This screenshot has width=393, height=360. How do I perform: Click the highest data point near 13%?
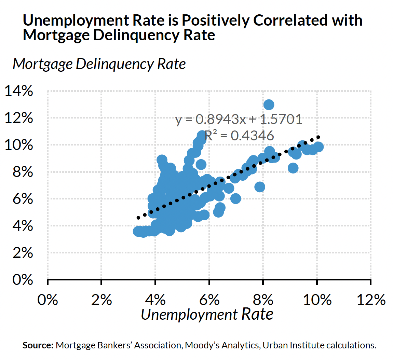pos(269,105)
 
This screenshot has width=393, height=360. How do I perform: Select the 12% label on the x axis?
pos(371,300)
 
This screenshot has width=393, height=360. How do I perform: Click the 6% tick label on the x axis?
pos(209,300)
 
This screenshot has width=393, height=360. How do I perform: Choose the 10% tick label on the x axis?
pos(317,300)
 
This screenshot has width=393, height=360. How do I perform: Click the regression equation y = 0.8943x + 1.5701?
pos(239,120)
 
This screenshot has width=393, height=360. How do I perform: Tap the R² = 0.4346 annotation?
pos(239,136)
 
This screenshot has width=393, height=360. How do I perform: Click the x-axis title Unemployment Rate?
pos(207,314)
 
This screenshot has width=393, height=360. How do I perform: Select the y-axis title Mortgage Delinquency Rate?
pos(99,64)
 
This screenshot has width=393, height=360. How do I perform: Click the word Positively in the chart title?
pos(215,20)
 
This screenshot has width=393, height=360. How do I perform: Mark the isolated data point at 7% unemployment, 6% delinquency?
pos(235,198)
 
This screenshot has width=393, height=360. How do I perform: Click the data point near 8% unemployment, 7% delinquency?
pos(260,187)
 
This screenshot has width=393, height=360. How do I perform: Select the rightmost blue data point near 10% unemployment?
pos(318,147)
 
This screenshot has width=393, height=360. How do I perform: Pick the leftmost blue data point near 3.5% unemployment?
pos(137,231)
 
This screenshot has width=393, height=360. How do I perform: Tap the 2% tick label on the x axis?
pos(101,300)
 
